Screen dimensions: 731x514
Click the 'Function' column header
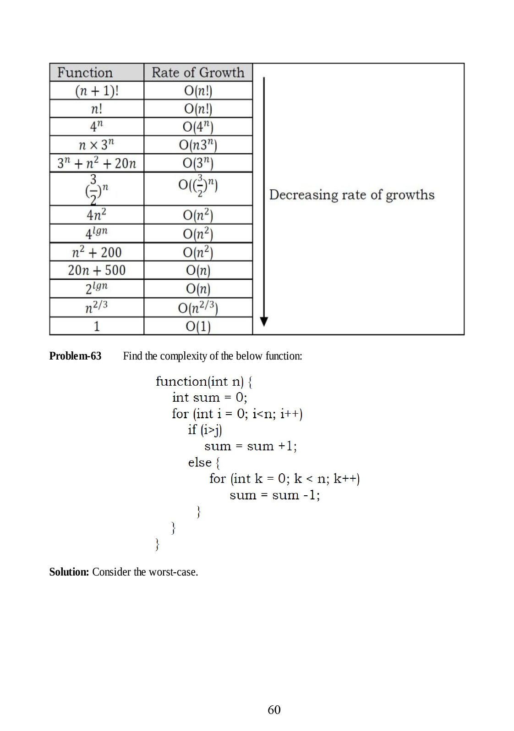85,72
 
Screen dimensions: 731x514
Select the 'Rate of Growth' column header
198,72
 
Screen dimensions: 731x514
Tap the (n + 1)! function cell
97,91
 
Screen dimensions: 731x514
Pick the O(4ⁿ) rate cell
198,127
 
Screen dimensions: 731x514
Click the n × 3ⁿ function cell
97,145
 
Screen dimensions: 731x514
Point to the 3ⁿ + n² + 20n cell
97,163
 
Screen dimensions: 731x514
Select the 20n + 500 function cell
97,270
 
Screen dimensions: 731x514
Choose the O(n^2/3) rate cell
198,307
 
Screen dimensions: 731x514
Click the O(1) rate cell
198,326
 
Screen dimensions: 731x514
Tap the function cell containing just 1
97,326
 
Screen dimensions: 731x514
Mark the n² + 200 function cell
97,252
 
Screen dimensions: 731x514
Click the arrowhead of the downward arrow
263,321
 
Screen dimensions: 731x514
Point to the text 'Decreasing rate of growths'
351,195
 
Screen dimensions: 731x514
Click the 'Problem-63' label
75,356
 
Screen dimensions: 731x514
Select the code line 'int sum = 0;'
210,397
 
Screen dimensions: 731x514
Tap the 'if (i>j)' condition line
205,430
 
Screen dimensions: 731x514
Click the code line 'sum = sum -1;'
274,495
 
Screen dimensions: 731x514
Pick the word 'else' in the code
200,462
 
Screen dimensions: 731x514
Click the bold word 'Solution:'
69,572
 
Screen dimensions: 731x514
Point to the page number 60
274,710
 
